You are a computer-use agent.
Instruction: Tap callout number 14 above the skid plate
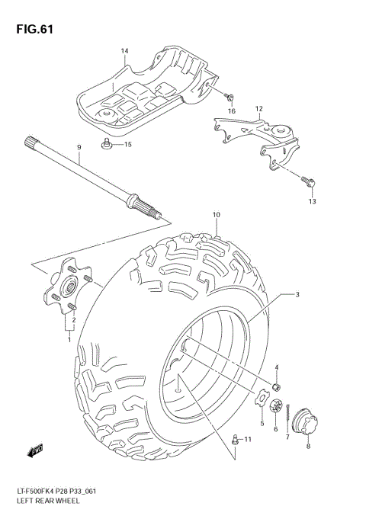[x=124, y=51]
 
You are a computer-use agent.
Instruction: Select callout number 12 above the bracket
[x=258, y=109]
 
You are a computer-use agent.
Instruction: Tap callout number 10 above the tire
[x=216, y=215]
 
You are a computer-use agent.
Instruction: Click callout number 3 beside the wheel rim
[x=297, y=294]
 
